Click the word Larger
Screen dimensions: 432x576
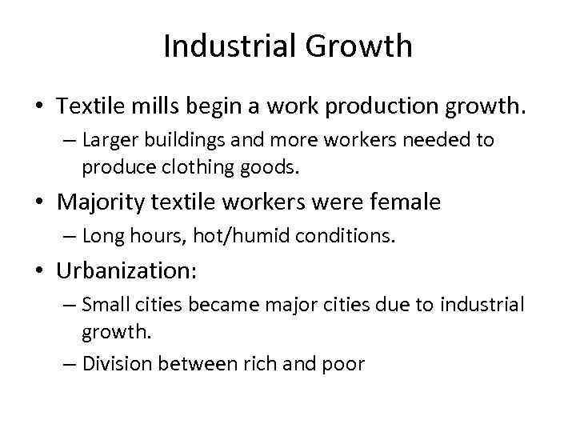(x=108, y=141)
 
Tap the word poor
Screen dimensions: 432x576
(x=344, y=364)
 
